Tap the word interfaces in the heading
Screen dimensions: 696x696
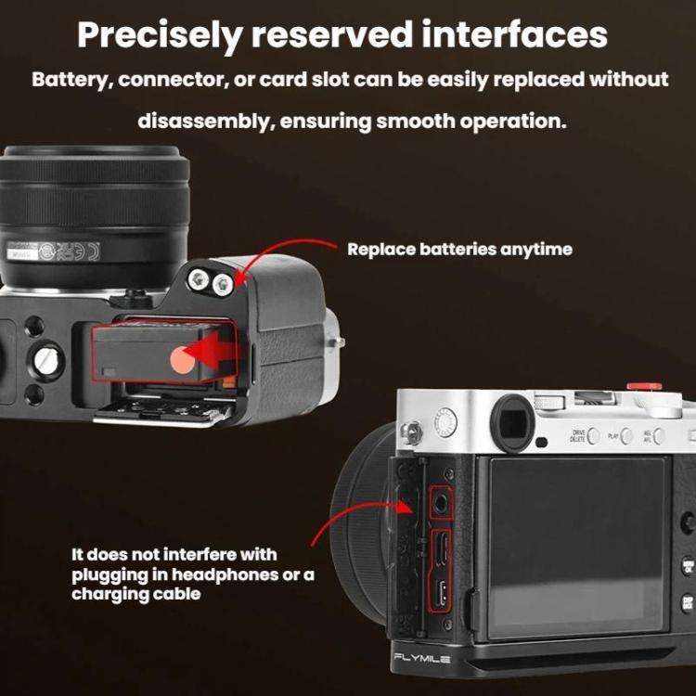[515, 34]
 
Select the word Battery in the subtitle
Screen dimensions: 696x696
[71, 80]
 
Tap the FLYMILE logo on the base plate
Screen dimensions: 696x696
[421, 658]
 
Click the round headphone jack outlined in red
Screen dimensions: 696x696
[441, 503]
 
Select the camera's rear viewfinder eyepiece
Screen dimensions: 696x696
[511, 423]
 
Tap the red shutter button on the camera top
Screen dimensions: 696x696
[644, 385]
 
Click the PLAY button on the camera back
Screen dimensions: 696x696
[626, 436]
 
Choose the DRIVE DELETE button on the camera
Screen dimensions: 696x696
[593, 436]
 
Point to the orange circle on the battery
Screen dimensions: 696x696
[183, 360]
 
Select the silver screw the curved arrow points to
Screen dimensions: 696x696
[223, 284]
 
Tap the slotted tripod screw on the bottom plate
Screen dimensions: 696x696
[45, 361]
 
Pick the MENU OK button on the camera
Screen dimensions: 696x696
[688, 566]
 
